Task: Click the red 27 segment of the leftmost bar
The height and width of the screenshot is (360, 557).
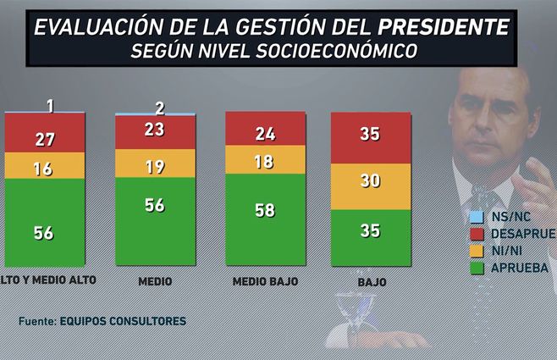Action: (x=44, y=138)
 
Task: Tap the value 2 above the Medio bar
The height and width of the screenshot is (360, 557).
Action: (x=158, y=107)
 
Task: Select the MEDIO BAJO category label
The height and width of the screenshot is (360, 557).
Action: (x=264, y=280)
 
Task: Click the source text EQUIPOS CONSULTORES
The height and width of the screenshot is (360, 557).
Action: (x=122, y=322)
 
